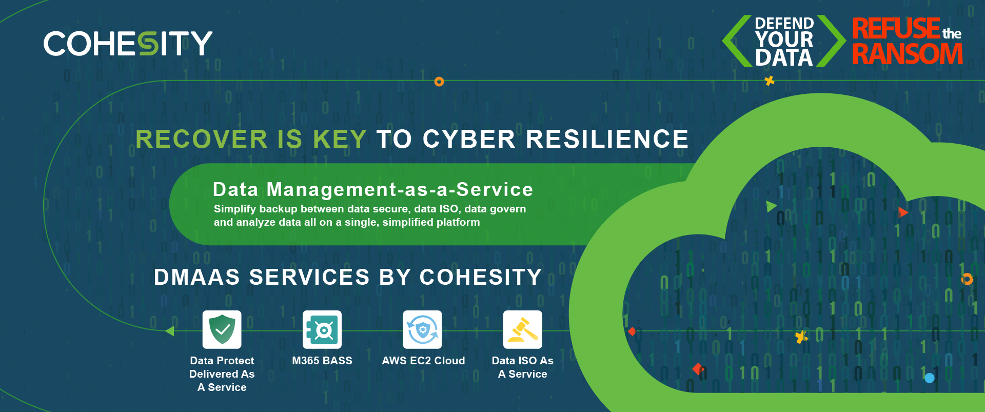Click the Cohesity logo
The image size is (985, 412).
point(128,43)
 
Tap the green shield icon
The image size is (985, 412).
point(222,329)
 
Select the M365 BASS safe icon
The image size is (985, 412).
point(322,329)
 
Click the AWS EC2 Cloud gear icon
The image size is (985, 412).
point(422,329)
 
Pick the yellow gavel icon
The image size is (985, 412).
point(522,329)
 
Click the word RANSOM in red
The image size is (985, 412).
point(908,54)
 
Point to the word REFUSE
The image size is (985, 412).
point(896,28)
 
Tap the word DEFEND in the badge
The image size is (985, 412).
point(784,23)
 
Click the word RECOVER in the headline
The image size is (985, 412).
point(202,139)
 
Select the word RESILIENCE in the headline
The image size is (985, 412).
point(607,139)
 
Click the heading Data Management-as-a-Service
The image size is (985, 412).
point(373,189)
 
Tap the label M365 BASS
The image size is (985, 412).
point(322,361)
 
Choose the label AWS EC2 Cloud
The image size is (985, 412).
point(423,361)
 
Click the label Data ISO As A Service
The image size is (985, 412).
point(523,367)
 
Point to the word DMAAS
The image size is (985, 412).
point(197,277)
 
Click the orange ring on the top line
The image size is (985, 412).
point(439,82)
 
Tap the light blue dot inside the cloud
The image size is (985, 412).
point(929,378)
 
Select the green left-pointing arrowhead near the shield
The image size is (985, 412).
point(170,331)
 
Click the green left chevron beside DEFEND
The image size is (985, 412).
point(737,41)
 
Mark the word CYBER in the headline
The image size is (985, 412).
point(469,139)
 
